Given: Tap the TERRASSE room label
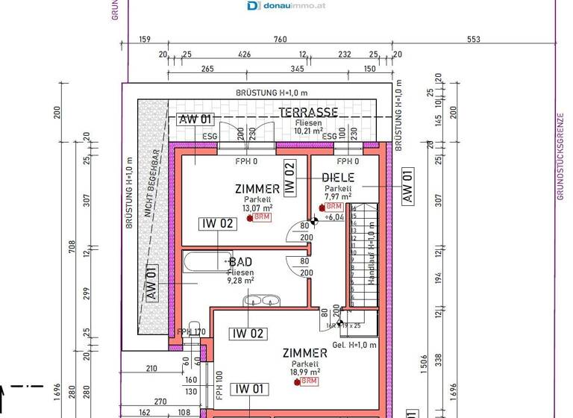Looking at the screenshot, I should pos(308,113).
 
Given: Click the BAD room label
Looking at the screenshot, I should pos(240,262).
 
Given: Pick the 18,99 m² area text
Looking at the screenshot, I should pos(305,371).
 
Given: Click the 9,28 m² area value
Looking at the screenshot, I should pos(240,281).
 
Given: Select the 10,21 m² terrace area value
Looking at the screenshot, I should pos(308,131).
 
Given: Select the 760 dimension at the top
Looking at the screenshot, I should pos(280,40).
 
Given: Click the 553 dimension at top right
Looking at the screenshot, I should pos(474,40).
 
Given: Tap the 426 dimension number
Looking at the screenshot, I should pos(243,54).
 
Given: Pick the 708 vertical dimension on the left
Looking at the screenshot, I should pos(72,246).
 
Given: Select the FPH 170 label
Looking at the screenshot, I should pos(191,332).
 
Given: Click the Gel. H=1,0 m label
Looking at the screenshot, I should pos(355,345).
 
